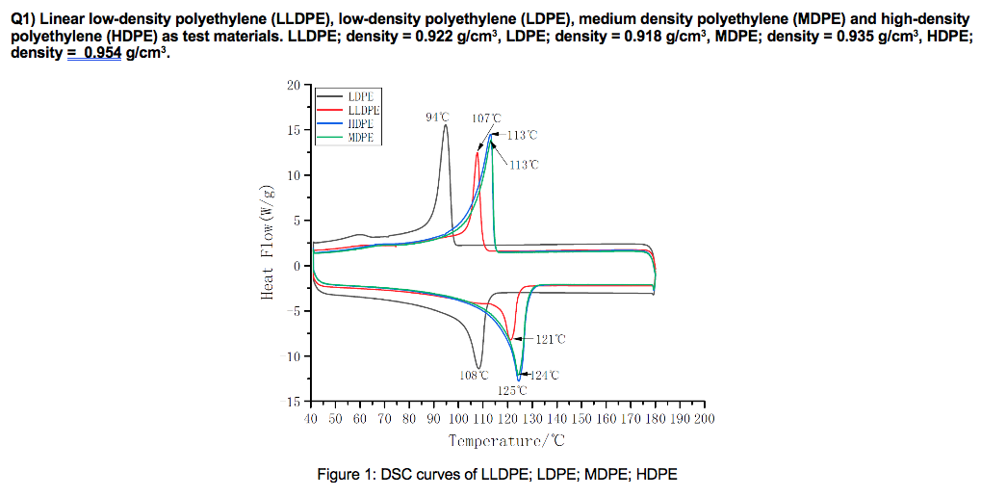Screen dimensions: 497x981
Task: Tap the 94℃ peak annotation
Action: pos(437,118)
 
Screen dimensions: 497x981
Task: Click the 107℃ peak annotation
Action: pos(486,118)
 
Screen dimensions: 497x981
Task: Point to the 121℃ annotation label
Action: pos(552,339)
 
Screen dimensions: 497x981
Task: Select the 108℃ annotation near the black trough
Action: pos(474,375)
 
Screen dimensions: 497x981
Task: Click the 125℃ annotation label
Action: pos(512,390)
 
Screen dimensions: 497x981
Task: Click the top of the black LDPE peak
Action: pos(445,126)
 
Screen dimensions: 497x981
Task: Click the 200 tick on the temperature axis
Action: pos(705,419)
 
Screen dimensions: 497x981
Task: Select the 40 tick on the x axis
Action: pos(310,419)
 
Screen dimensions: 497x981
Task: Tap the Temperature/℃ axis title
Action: pos(506,441)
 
